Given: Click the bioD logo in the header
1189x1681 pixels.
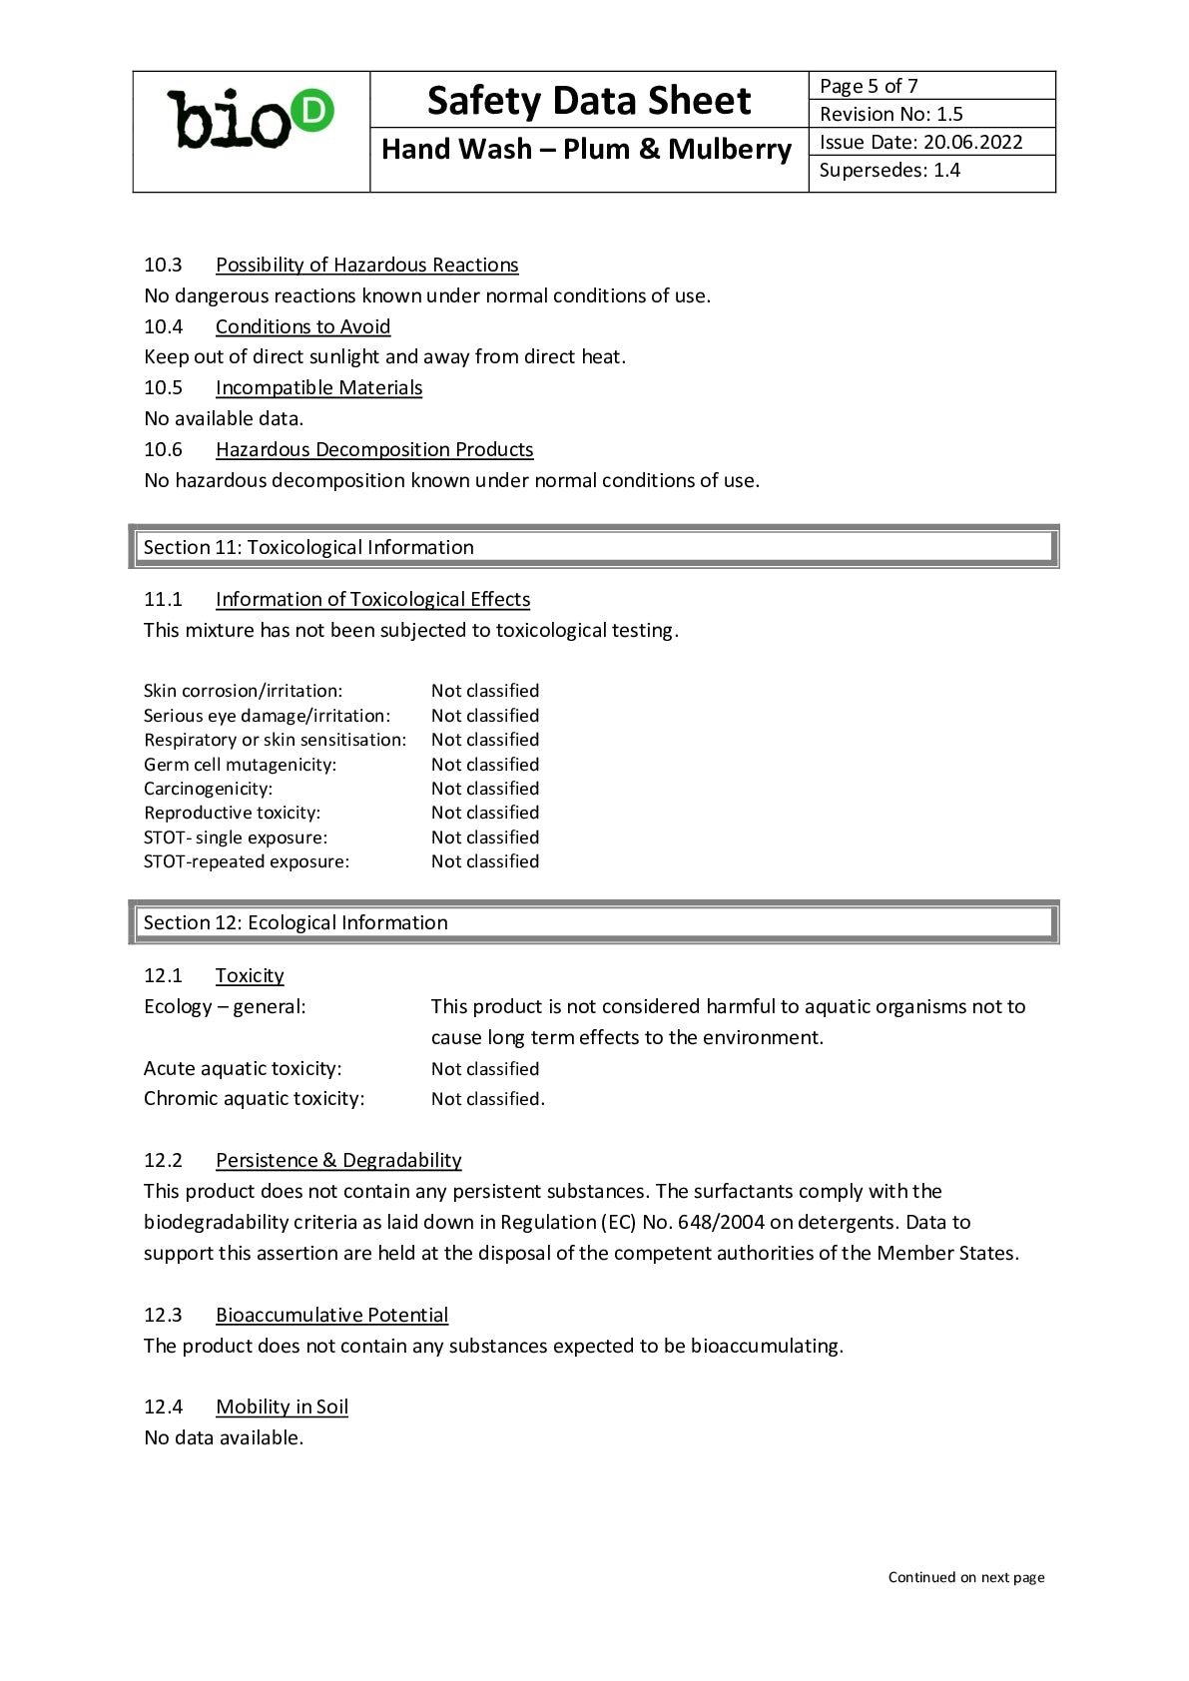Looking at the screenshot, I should click(x=251, y=121).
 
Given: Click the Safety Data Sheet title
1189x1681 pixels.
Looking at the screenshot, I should click(x=588, y=101).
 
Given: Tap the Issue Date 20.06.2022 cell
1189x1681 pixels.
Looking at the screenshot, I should click(x=920, y=142).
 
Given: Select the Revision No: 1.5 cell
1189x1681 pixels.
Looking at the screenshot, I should click(x=891, y=114).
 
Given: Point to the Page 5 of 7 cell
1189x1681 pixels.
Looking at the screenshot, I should click(x=869, y=86).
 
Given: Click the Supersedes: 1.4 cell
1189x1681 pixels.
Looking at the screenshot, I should click(x=890, y=170).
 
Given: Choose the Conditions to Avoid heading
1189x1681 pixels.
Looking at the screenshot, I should click(x=302, y=326).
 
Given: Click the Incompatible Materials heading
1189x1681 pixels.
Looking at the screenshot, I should click(x=318, y=387).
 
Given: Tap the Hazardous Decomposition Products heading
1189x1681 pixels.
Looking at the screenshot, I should click(x=374, y=449).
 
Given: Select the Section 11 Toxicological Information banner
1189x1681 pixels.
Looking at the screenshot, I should click(x=593, y=547).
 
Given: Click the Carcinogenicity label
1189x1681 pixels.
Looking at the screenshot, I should click(x=208, y=789).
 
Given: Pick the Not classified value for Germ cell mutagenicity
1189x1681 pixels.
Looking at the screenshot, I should click(x=485, y=765).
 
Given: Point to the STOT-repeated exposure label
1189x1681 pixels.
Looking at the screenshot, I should click(x=247, y=861).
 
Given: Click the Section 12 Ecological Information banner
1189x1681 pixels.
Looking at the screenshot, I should click(x=593, y=922).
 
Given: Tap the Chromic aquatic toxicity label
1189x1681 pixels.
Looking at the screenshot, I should click(x=255, y=1098).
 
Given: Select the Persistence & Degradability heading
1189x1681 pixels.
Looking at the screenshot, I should click(x=338, y=1160).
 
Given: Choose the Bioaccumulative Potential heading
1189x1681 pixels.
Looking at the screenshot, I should click(x=331, y=1315).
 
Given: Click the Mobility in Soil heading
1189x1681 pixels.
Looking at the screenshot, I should click(x=282, y=1406).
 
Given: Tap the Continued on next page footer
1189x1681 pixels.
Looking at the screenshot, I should click(x=966, y=1577).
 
